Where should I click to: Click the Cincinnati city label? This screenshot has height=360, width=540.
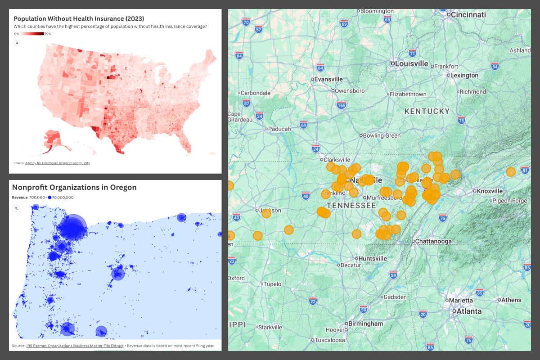click(468, 14)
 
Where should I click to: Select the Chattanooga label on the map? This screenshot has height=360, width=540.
click(433, 241)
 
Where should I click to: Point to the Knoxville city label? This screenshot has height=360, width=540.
click(490, 191)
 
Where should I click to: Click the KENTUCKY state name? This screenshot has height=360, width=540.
click(427, 111)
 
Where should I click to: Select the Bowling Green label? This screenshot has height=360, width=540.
click(382, 135)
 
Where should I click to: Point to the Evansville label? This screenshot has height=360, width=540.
click(328, 79)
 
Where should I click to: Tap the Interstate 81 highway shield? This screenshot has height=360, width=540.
click(525, 170)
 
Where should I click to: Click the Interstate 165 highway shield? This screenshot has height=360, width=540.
click(342, 105)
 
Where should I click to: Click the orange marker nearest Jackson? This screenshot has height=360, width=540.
click(266, 213)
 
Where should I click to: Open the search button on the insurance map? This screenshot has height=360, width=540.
click(17, 43)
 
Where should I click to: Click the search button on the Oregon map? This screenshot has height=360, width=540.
click(16, 208)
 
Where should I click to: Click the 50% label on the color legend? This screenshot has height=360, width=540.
click(48, 34)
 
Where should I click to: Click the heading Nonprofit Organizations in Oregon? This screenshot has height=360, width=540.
click(74, 187)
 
